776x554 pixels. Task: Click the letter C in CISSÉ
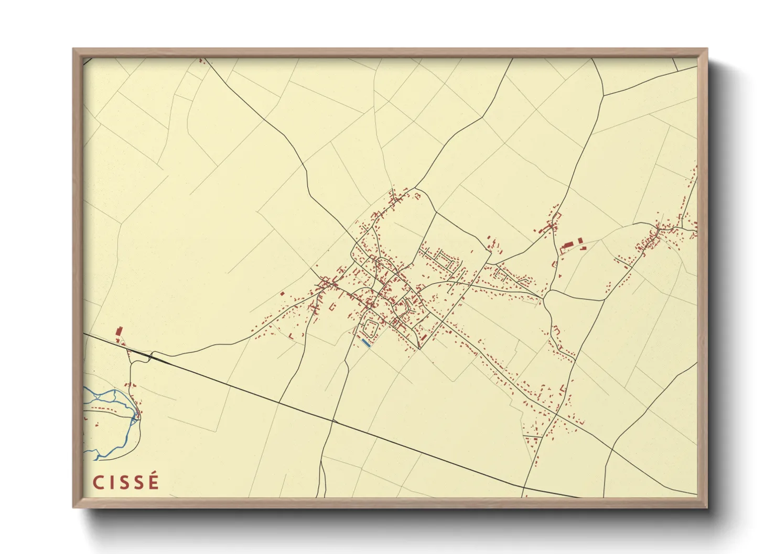98,482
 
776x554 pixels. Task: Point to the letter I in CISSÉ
111,482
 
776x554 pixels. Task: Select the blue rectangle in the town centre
366,344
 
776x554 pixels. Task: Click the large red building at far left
118,332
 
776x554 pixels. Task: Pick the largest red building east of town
567,246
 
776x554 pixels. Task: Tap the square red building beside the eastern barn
580,241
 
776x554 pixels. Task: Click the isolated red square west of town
283,294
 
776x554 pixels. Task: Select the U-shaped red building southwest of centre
331,306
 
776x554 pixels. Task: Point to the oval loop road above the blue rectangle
370,329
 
